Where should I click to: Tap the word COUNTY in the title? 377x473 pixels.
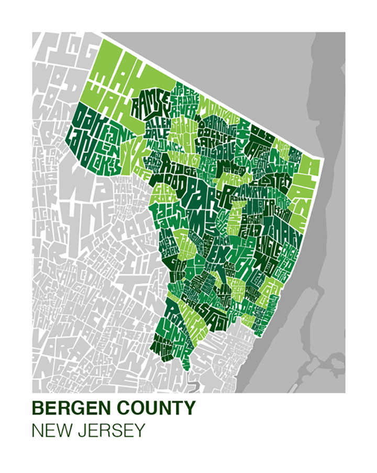click(x=152, y=408)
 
